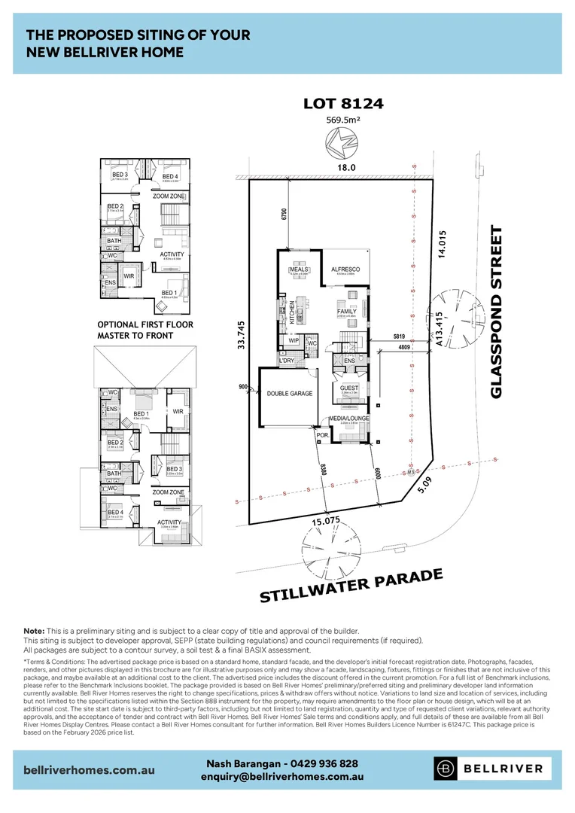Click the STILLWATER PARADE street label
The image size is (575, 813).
point(351,586)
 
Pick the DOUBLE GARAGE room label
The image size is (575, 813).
point(290,393)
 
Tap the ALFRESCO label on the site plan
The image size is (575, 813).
point(345,269)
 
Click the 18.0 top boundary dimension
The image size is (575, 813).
point(345,169)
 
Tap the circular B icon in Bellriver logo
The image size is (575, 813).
point(446,769)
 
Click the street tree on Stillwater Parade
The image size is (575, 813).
point(328,552)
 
